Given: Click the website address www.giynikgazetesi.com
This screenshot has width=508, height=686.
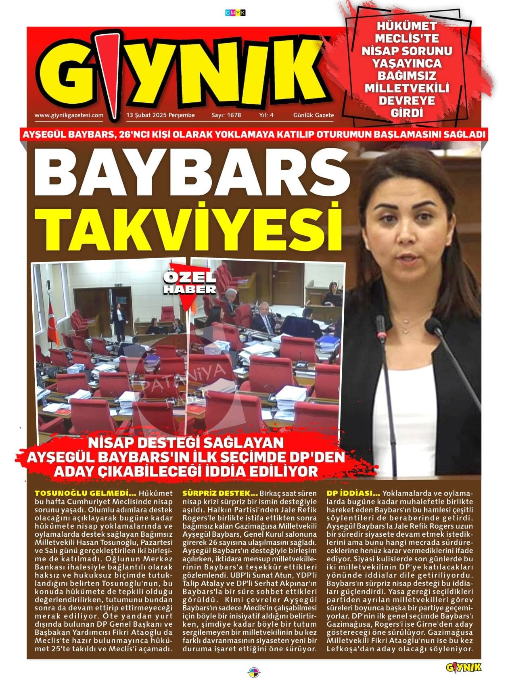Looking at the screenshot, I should coord(69,115).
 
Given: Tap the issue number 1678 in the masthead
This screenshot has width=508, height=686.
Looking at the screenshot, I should coord(226,115).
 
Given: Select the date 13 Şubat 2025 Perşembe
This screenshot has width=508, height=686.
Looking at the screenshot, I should coord(161,115).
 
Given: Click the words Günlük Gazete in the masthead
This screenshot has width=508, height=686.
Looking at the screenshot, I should coord(314,115).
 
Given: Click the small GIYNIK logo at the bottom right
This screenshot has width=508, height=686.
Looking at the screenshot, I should coord(464,667).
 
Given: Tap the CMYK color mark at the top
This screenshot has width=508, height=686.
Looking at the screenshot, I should coord(235,13).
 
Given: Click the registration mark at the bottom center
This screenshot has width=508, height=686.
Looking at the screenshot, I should coord(254,673).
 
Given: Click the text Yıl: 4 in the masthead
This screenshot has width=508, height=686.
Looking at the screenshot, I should coord(266,115).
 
